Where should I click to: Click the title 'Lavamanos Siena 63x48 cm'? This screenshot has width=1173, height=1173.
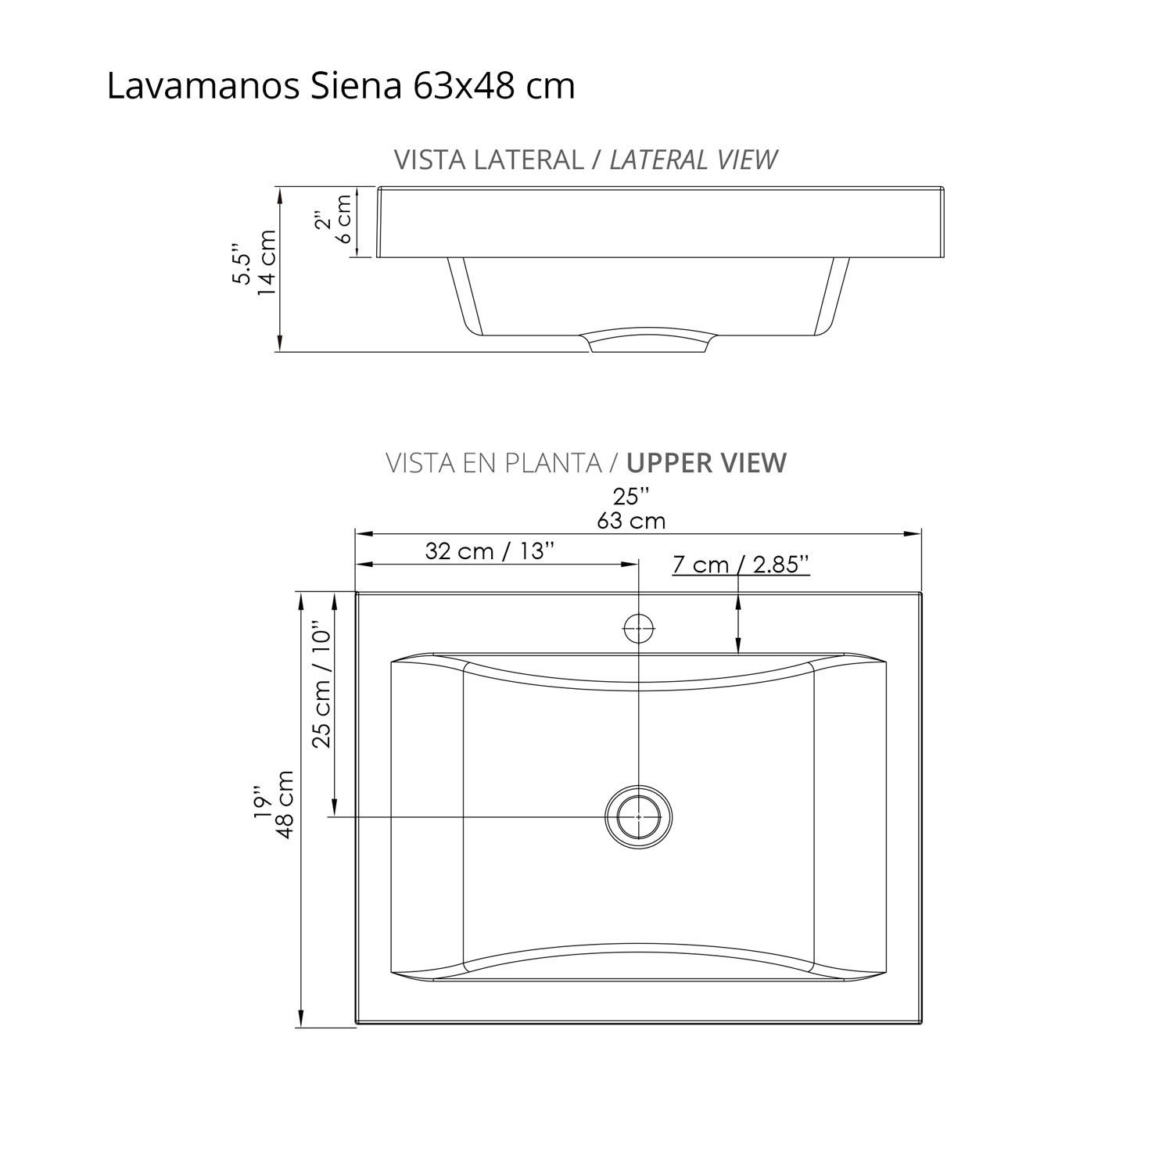click(340, 87)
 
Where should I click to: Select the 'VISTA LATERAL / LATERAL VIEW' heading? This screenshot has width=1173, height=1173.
click(585, 160)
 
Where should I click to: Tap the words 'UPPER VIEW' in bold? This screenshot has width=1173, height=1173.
click(706, 463)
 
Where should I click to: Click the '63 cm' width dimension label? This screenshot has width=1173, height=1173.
click(631, 521)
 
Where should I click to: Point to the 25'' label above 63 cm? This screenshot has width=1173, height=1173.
click(631, 497)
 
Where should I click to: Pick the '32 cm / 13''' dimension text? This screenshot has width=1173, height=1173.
click(490, 551)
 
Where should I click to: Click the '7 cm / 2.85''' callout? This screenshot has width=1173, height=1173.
click(740, 565)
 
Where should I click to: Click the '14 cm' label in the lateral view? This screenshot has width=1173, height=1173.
click(267, 263)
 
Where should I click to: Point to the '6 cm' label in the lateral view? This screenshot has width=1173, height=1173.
click(345, 219)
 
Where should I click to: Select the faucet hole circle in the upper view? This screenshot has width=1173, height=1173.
click(639, 628)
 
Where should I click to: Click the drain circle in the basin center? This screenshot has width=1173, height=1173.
click(639, 816)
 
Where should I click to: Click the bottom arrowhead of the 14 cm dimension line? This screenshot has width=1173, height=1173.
click(279, 344)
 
